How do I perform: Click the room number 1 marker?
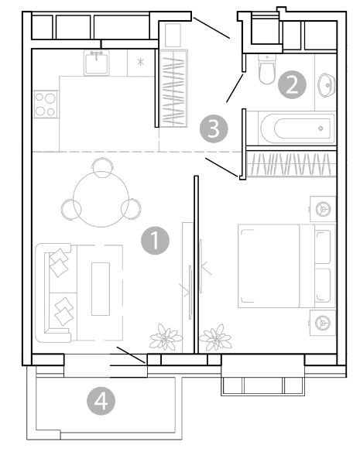[155, 241]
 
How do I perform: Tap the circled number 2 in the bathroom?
[292, 85]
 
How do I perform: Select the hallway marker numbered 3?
[214, 128]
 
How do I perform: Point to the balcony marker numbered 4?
[101, 401]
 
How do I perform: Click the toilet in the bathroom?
[267, 69]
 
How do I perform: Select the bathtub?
[297, 128]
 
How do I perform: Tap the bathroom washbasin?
[327, 85]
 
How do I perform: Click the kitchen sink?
[97, 63]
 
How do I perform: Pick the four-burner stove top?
[46, 104]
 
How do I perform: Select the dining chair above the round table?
[102, 167]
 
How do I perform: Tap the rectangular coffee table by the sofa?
[101, 289]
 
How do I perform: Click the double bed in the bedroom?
[287, 265]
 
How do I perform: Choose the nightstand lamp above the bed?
[323, 209]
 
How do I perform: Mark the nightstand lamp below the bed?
[323, 323]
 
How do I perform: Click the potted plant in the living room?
[166, 337]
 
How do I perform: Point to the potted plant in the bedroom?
[215, 337]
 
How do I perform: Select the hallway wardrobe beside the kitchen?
[173, 88]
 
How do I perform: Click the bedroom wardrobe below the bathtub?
[292, 164]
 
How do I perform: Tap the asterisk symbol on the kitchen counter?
[140, 62]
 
